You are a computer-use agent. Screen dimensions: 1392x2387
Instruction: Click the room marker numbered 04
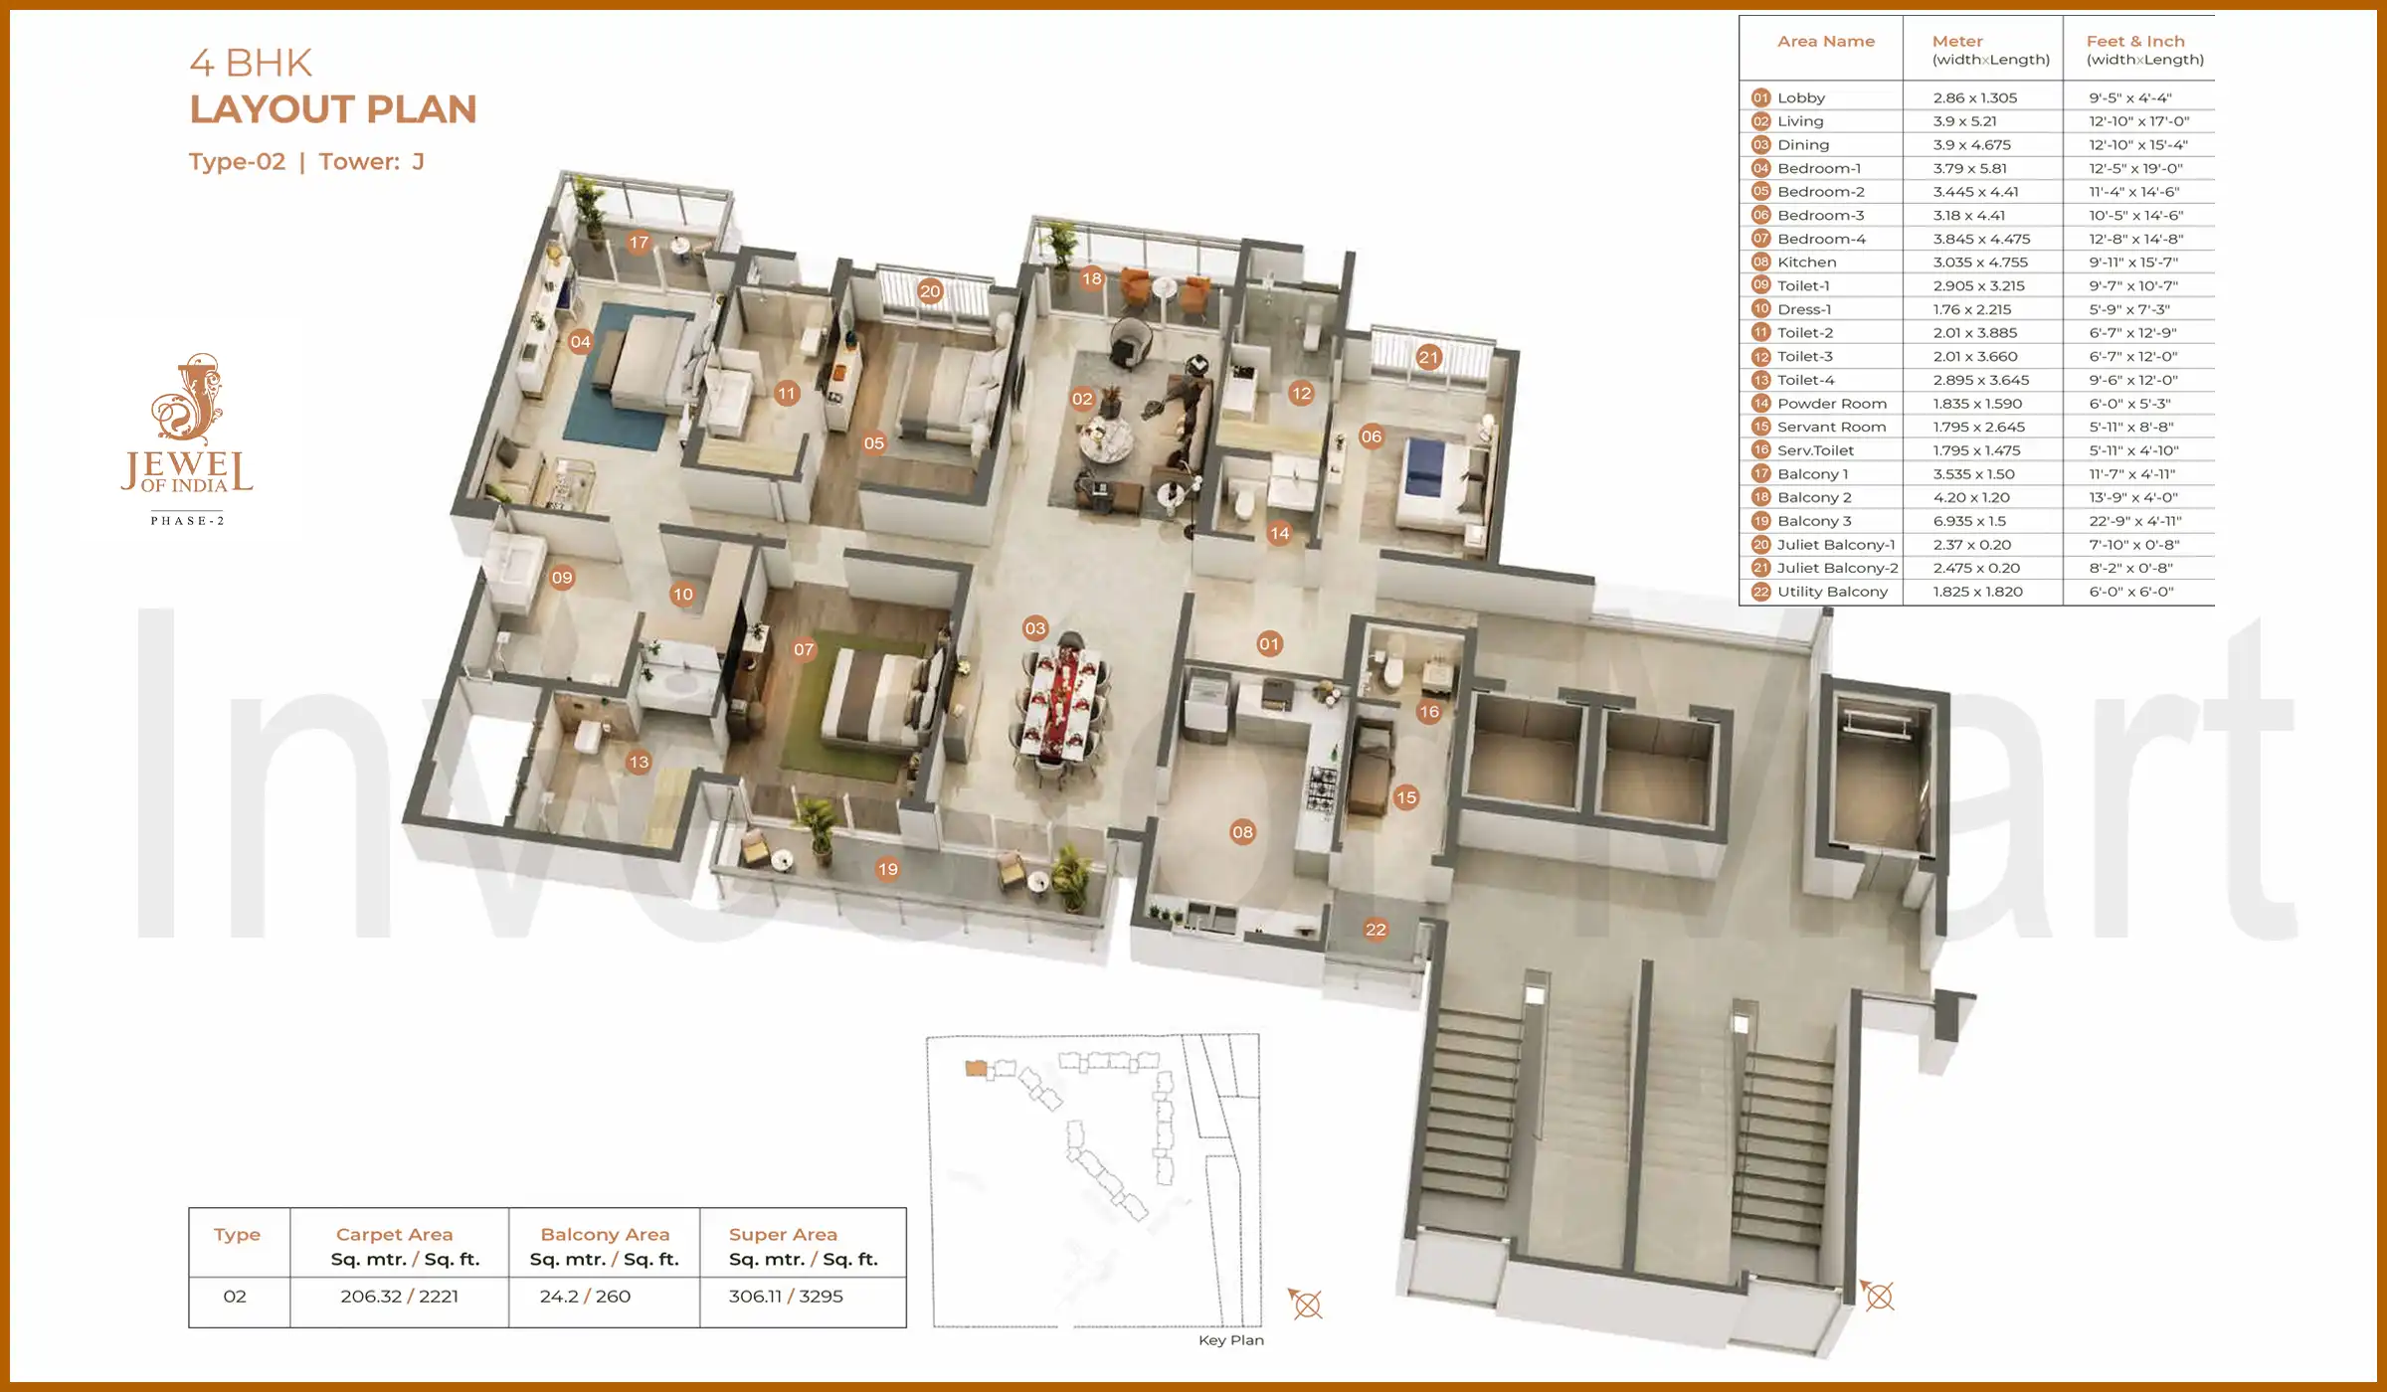coord(581,342)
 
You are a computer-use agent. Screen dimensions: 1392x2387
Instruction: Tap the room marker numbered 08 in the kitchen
coord(1242,832)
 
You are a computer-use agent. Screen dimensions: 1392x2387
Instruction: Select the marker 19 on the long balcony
coord(887,869)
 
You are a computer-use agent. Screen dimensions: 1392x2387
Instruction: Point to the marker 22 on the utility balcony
coord(1376,930)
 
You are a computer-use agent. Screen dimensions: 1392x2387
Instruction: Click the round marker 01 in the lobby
coord(1269,643)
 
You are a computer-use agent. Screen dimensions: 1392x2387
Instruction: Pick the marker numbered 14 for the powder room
coord(1279,533)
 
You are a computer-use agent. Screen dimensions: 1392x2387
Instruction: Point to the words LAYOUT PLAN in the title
coord(333,109)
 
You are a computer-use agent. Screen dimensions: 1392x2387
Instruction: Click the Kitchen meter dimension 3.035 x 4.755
coord(1980,262)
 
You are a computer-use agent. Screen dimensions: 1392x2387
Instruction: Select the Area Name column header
coord(1825,42)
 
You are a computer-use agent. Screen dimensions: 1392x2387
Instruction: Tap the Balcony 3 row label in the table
coord(1814,521)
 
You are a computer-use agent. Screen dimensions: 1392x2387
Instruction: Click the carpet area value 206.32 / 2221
coord(399,1297)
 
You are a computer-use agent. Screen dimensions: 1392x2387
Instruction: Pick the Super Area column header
coord(783,1235)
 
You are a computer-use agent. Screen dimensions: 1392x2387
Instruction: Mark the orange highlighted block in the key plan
coord(976,1069)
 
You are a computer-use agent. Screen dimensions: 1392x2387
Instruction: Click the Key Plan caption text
coord(1230,1340)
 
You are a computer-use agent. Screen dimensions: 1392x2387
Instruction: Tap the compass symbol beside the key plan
coord(1306,1304)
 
